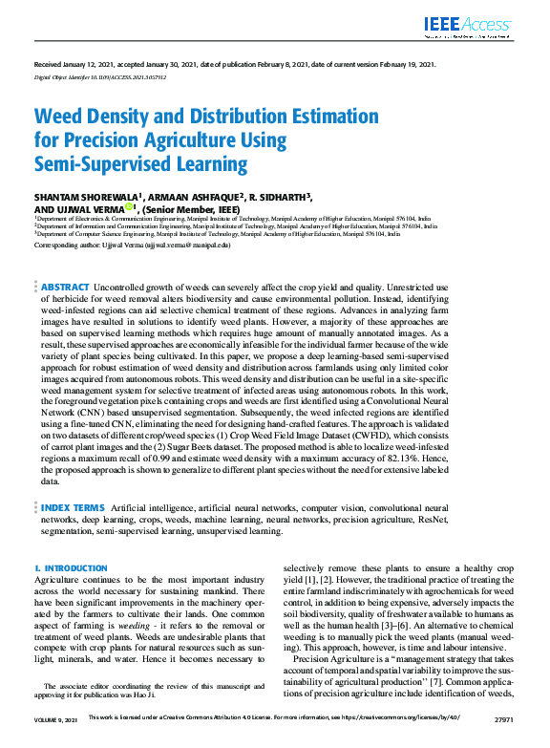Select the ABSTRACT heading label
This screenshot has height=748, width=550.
(65, 260)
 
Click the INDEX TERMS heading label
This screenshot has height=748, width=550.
(72, 507)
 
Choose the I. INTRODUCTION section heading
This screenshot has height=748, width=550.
(71, 568)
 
